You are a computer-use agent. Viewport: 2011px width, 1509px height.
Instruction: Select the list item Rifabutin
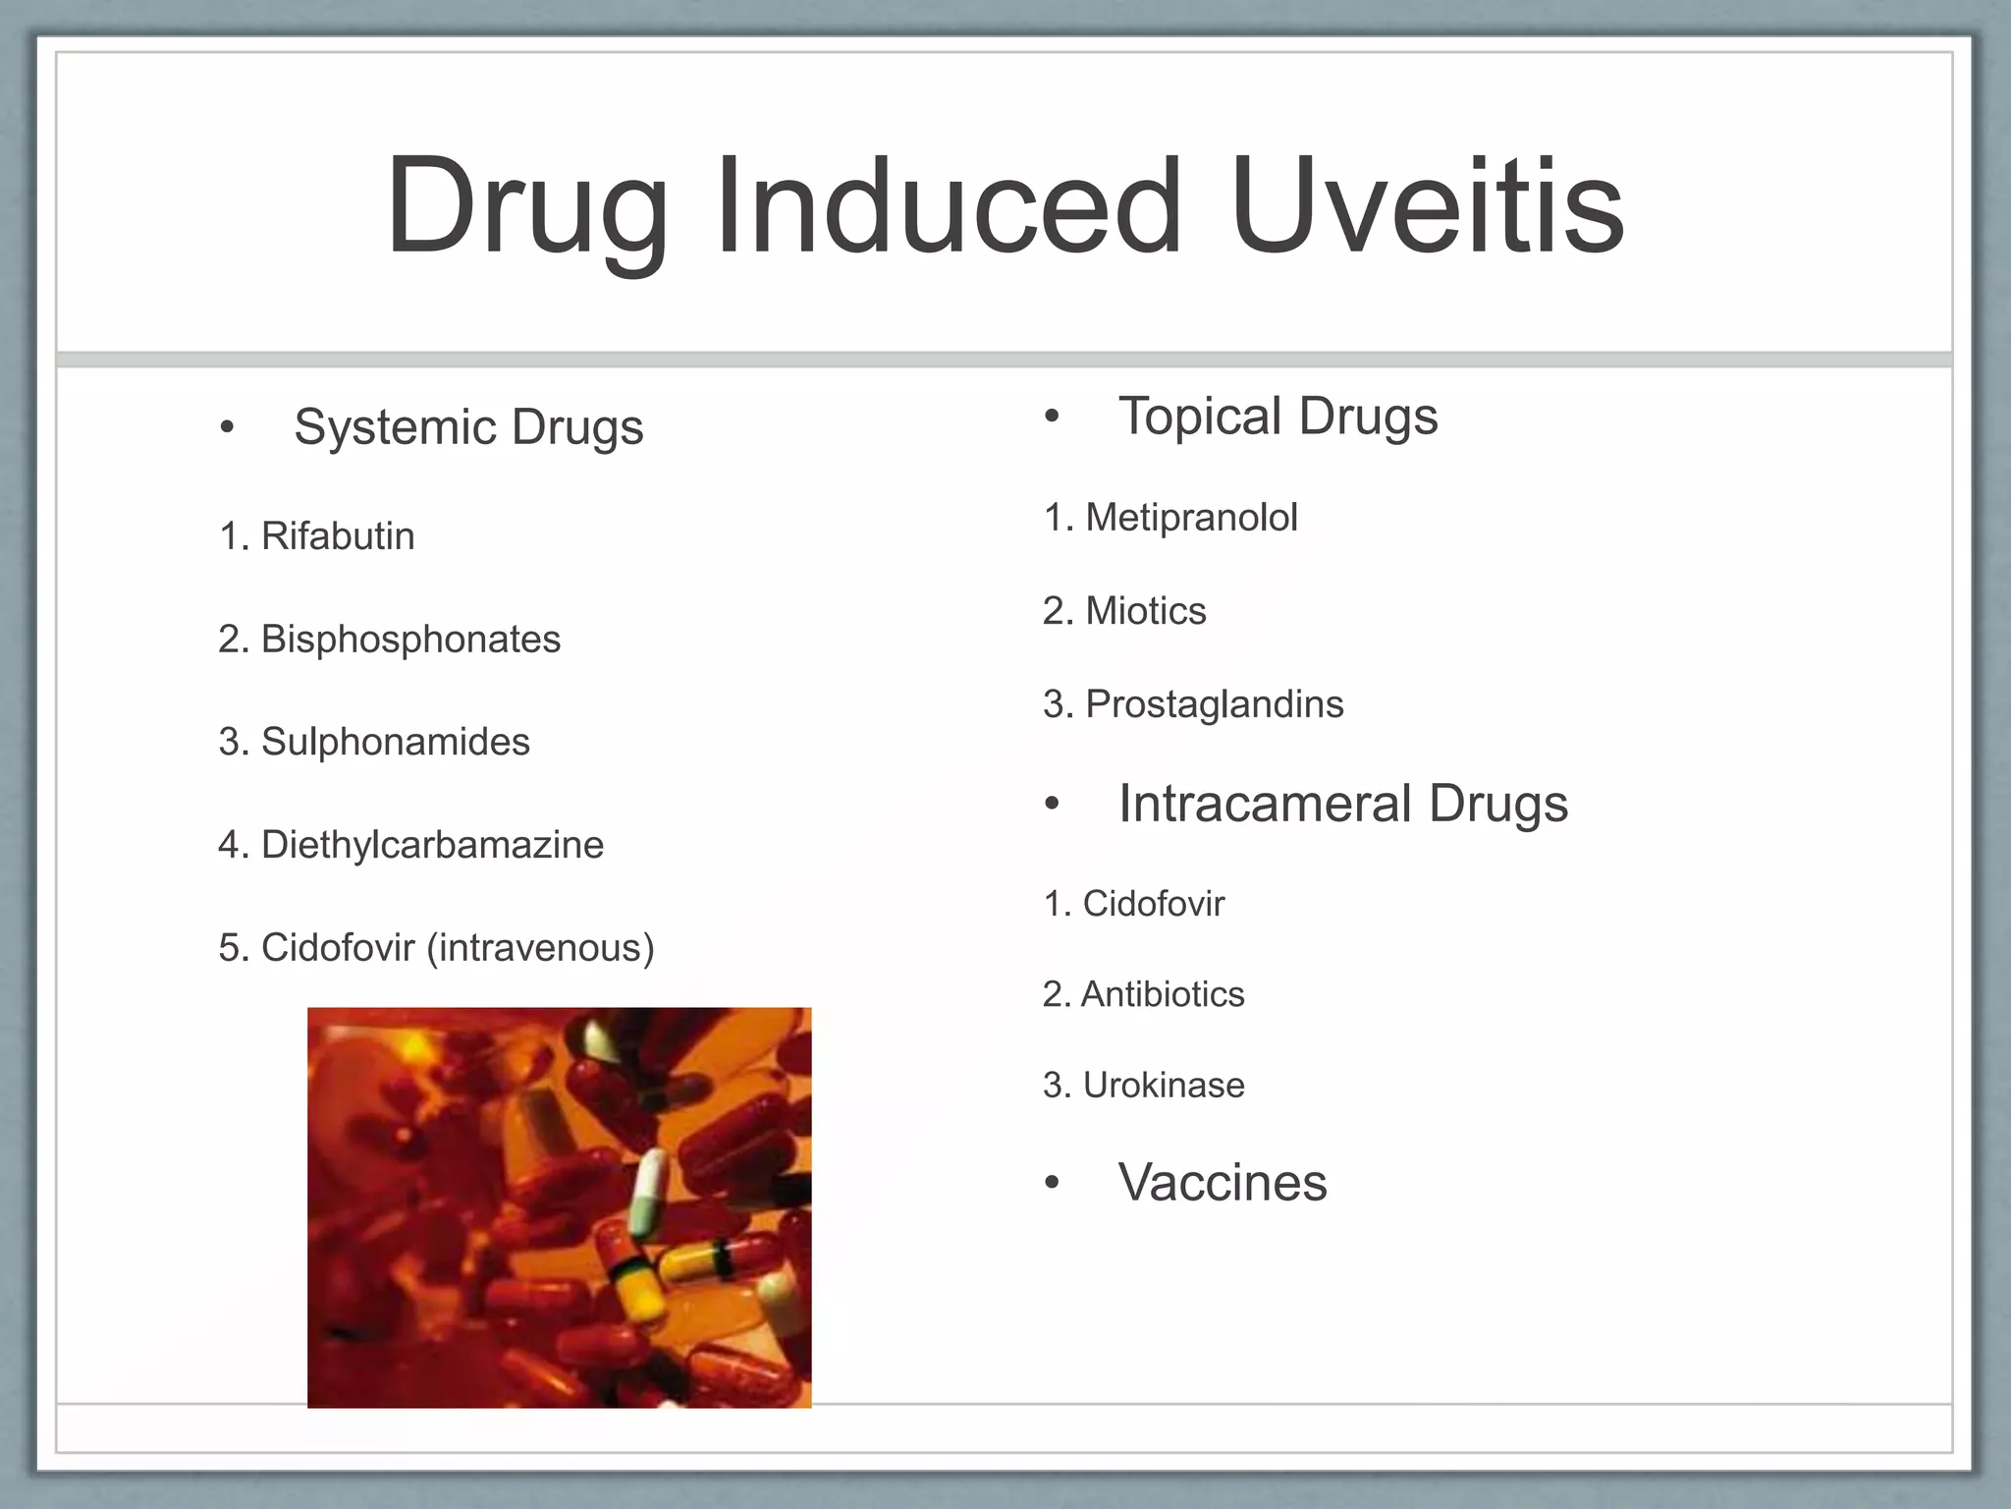click(x=337, y=536)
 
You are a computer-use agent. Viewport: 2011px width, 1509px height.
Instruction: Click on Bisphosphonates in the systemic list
click(x=409, y=640)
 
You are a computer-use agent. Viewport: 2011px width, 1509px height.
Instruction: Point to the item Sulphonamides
click(x=395, y=742)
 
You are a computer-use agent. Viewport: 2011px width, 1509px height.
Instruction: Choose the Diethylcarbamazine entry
click(x=432, y=845)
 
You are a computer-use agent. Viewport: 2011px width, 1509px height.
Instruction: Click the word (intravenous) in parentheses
click(x=540, y=948)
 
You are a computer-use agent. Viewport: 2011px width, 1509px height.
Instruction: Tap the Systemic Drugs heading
click(x=468, y=427)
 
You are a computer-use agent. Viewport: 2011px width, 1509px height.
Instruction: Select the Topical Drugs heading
click(x=1277, y=417)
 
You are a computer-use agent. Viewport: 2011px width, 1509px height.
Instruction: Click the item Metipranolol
click(x=1190, y=518)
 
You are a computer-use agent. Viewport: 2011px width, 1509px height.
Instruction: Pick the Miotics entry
click(x=1145, y=611)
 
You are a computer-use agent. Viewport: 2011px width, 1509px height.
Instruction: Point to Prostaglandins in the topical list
click(x=1214, y=704)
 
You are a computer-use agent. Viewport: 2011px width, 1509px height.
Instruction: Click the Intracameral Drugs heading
click(x=1342, y=804)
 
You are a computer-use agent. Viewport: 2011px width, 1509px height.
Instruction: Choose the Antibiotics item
click(x=1162, y=994)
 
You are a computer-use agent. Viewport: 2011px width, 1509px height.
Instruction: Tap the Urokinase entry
click(x=1163, y=1086)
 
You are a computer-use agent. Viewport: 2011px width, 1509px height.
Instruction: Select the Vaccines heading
click(x=1222, y=1182)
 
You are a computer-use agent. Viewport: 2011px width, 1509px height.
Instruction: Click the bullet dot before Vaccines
click(x=1053, y=1184)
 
